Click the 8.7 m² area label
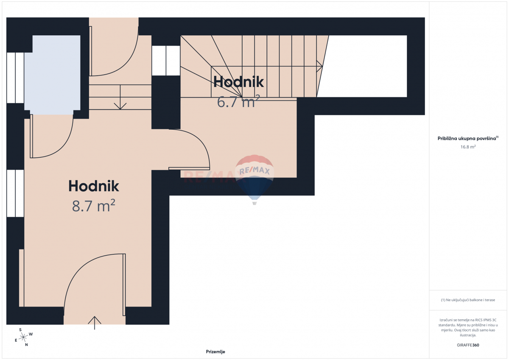coord(94,206)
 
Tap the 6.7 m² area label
coord(238,102)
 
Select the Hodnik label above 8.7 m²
coord(94,186)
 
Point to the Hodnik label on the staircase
coord(238,81)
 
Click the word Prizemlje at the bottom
coord(215,352)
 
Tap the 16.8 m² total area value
coord(468,147)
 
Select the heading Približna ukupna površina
coord(468,138)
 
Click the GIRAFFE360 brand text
coord(468,345)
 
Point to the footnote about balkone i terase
coord(468,300)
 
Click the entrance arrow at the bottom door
coord(95,323)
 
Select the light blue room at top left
coord(52,74)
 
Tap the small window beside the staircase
coord(166,61)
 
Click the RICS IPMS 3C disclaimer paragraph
coord(468,327)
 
